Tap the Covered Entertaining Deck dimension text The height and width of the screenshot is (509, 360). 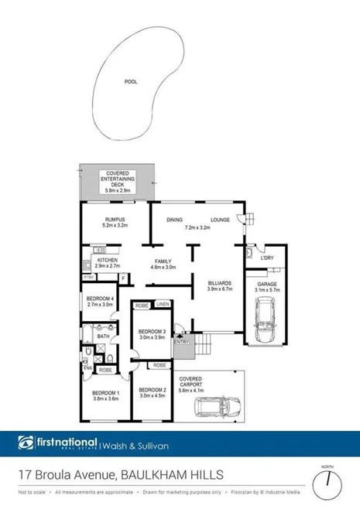tap(117, 190)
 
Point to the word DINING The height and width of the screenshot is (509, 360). tap(174, 220)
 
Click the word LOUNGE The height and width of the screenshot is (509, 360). tap(219, 220)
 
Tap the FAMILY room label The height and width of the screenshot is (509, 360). tap(163, 261)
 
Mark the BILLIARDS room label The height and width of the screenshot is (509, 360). tap(220, 284)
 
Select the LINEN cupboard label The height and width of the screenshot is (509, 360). tap(162, 306)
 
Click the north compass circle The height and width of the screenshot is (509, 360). tap(327, 483)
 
